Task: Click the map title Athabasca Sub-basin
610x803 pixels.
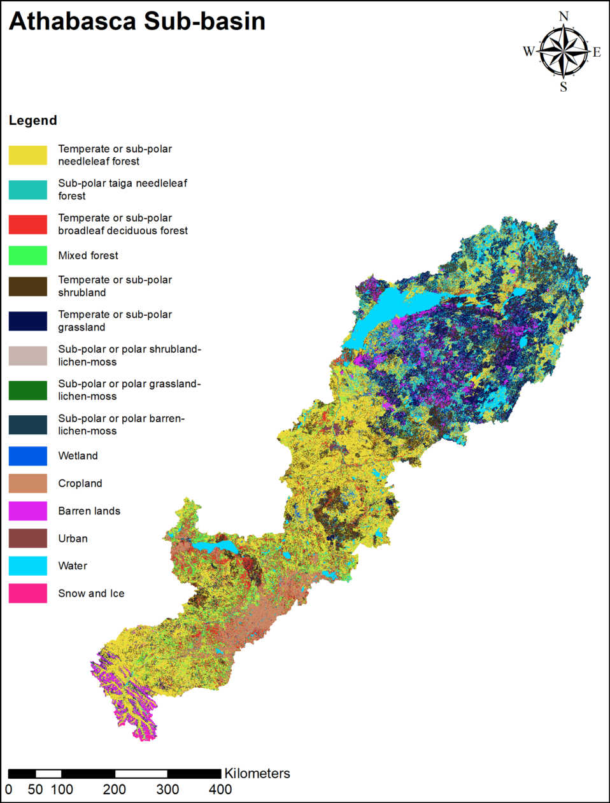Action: tap(137, 21)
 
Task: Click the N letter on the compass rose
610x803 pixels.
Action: tap(564, 17)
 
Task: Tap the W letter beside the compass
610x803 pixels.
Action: tap(528, 52)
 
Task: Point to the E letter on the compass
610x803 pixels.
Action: tap(597, 52)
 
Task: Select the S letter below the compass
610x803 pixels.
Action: tap(564, 87)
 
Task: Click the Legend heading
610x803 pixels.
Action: tap(33, 120)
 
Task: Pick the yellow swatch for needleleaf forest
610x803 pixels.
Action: tap(28, 155)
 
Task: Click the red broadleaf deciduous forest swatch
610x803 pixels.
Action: tap(28, 224)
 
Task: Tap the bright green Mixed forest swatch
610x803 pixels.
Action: tap(28, 255)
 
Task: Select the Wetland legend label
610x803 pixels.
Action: tap(78, 456)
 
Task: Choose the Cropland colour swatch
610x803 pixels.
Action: tap(28, 483)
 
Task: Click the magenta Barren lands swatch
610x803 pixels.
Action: tap(28, 511)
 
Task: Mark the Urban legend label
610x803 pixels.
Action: tap(73, 539)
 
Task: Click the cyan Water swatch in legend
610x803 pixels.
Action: tap(28, 565)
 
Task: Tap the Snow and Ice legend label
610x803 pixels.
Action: tap(91, 593)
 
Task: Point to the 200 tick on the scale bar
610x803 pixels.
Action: tap(115, 790)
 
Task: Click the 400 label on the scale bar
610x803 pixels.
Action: tap(220, 790)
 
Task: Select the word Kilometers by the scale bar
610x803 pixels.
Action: tap(257, 773)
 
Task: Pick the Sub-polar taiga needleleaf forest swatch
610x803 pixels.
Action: tap(28, 190)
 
